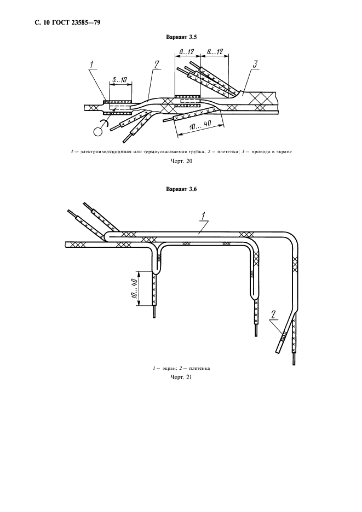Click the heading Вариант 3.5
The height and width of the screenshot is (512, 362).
[181, 37]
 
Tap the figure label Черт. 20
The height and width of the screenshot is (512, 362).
[181, 162]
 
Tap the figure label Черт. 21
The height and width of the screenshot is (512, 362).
[181, 377]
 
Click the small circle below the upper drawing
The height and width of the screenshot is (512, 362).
[98, 131]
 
